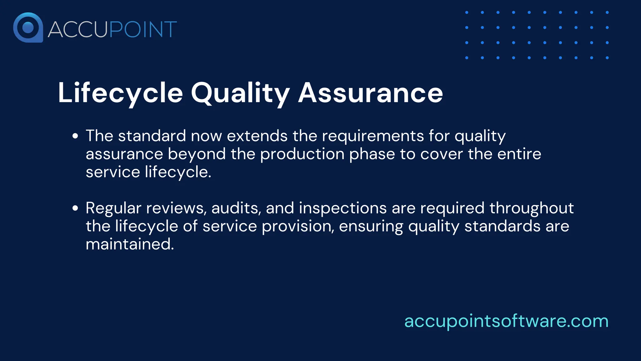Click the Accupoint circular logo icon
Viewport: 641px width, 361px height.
click(28, 28)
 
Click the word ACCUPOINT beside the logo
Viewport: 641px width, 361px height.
click(112, 29)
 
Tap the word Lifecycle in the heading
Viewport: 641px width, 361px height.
click(121, 93)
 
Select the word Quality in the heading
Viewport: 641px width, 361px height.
click(240, 93)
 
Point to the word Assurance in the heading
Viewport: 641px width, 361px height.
click(371, 93)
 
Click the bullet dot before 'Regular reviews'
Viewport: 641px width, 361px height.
click(75, 208)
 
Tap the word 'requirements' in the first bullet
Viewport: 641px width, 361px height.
click(373, 136)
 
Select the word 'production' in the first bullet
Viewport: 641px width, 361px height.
click(302, 154)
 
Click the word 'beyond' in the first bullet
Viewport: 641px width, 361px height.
click(197, 154)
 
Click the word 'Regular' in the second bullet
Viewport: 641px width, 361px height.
click(113, 208)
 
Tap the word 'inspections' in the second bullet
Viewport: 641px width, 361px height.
click(343, 208)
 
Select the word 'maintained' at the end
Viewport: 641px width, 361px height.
click(129, 244)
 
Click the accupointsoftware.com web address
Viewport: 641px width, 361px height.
click(506, 321)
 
